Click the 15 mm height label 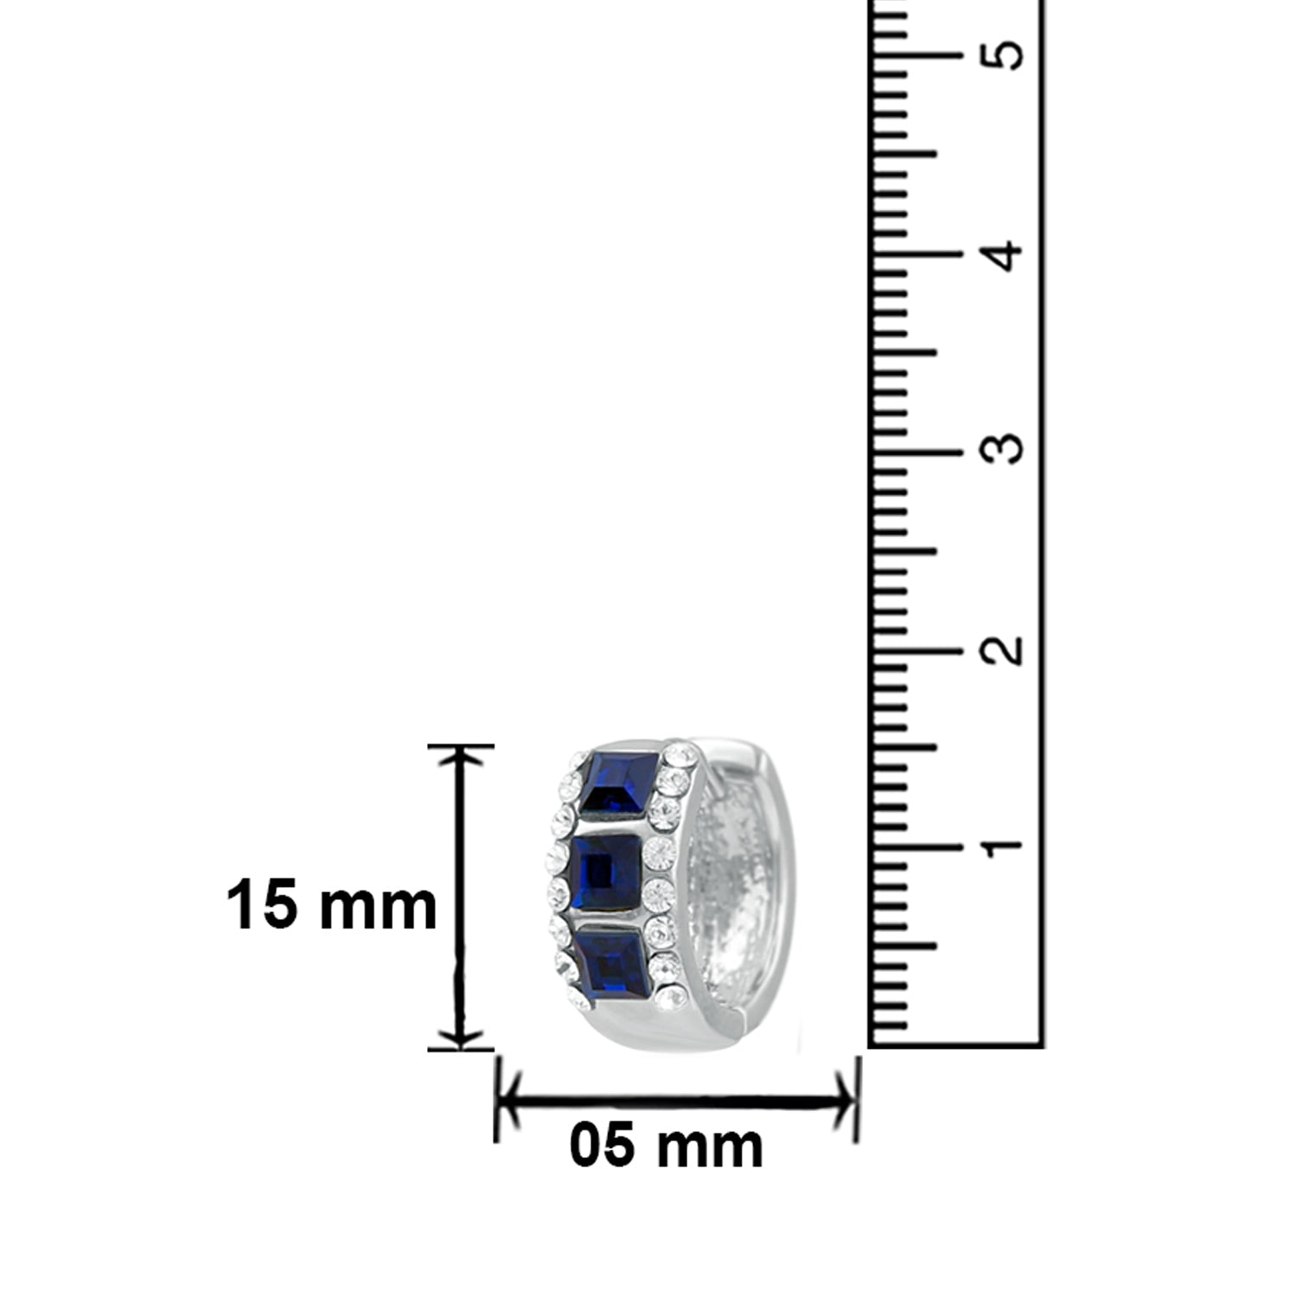tap(332, 905)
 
